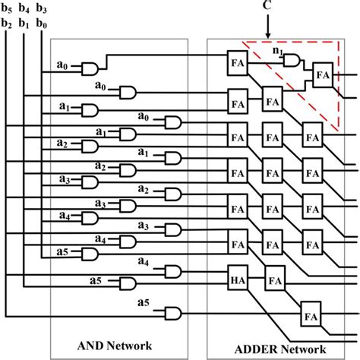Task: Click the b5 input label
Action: pos(8,10)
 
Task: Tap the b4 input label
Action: pos(25,10)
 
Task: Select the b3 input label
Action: pos(43,10)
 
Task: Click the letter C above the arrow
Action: pos(267,7)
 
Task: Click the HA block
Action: pos(237,280)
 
